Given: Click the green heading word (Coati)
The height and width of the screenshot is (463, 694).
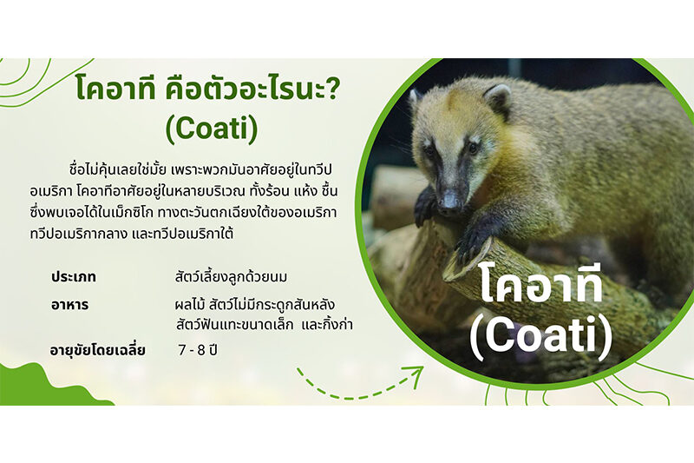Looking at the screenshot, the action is (212, 128).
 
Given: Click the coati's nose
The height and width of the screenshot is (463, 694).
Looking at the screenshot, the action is (449, 201).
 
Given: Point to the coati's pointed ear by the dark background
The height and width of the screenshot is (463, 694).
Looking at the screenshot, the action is (498, 98).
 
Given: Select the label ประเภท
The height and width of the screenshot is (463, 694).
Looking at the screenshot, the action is (74, 277).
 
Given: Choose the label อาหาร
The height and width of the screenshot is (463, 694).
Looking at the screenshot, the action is (70, 305).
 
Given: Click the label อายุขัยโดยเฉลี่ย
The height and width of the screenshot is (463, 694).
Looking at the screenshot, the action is (98, 350).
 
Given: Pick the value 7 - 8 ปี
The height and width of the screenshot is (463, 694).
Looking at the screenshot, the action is (198, 350).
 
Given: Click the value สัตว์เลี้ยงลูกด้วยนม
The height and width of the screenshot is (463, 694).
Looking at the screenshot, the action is (231, 277).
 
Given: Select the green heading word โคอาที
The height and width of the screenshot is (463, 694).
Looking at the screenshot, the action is (115, 86).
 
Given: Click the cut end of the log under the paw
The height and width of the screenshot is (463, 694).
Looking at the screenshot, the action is (465, 261).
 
